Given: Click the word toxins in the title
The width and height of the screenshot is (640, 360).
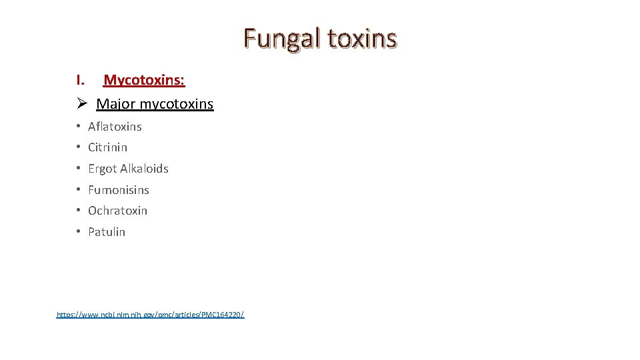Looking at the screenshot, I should [362, 39].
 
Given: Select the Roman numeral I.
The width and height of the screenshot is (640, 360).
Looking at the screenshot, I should [80, 81].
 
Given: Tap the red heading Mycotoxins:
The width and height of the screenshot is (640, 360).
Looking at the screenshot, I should [144, 81].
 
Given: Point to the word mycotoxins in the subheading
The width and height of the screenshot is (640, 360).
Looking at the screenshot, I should [177, 104].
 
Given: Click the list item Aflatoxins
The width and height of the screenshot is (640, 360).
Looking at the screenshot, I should [115, 126].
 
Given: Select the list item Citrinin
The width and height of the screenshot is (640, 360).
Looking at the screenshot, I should [107, 147].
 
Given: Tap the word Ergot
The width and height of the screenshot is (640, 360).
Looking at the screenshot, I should [102, 169].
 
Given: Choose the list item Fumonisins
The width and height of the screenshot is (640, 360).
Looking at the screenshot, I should [119, 190].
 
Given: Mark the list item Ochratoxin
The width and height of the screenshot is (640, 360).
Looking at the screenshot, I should [117, 211].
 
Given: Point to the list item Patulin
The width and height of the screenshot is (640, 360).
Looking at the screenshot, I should [107, 232].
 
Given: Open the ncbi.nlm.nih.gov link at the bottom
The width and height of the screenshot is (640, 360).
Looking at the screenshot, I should [151, 314].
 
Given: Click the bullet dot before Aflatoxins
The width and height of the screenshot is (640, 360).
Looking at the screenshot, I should [78, 126].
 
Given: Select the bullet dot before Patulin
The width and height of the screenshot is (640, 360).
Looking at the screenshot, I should [78, 232].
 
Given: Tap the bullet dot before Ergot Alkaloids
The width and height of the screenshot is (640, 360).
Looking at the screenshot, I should [78, 169].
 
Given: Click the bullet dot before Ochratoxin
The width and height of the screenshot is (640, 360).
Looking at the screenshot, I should [78, 211].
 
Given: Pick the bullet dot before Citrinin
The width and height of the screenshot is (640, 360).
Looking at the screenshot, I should [78, 147].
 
